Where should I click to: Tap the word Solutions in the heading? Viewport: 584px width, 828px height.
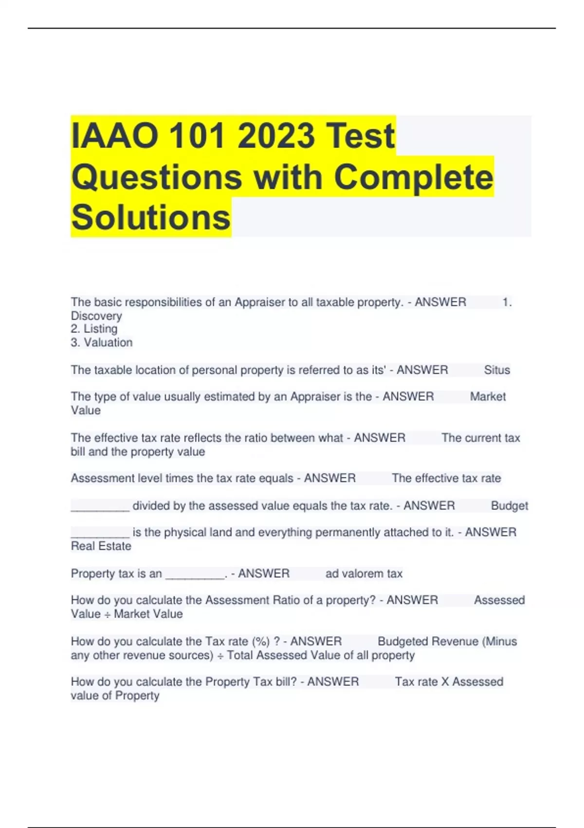coord(151,217)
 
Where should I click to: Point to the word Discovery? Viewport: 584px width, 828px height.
coord(96,316)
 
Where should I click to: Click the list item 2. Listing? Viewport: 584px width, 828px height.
coord(94,329)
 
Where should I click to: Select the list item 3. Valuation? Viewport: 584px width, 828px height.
coord(102,342)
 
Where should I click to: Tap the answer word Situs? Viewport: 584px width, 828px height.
coord(497,370)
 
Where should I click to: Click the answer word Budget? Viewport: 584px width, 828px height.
coord(509,506)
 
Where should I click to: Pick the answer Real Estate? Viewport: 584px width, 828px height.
coord(101,546)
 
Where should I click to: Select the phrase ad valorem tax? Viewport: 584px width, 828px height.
coord(364,574)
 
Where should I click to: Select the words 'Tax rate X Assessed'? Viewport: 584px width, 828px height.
coord(449,681)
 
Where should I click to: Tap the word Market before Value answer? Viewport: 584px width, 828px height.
coord(488,396)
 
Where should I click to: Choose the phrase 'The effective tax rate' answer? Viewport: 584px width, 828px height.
coord(446,478)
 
